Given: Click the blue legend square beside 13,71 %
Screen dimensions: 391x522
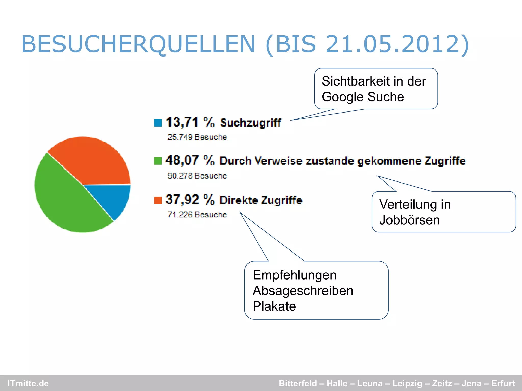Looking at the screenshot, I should click(x=158, y=123).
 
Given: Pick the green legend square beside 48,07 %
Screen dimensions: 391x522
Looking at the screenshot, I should click(x=158, y=161).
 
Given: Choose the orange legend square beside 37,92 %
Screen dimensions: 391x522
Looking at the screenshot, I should click(x=158, y=200).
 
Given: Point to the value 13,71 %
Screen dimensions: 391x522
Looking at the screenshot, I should click(x=190, y=122).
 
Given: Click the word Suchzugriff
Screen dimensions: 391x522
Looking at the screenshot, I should click(x=250, y=123).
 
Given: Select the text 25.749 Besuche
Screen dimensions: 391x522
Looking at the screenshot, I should click(x=197, y=137).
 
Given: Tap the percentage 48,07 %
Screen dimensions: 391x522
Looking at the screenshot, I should click(x=190, y=160).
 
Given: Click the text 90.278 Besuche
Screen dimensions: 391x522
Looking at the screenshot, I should click(x=197, y=176).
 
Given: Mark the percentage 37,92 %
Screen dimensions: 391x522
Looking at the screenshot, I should click(x=190, y=200).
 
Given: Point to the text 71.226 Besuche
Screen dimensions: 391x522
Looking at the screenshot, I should click(x=197, y=215).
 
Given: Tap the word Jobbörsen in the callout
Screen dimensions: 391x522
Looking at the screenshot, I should click(x=409, y=220).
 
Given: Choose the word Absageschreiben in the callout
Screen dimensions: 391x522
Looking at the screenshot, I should click(x=303, y=291).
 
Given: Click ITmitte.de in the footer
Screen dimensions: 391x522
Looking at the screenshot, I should click(x=28, y=383).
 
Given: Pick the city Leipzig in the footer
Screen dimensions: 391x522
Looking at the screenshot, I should click(x=407, y=383).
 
